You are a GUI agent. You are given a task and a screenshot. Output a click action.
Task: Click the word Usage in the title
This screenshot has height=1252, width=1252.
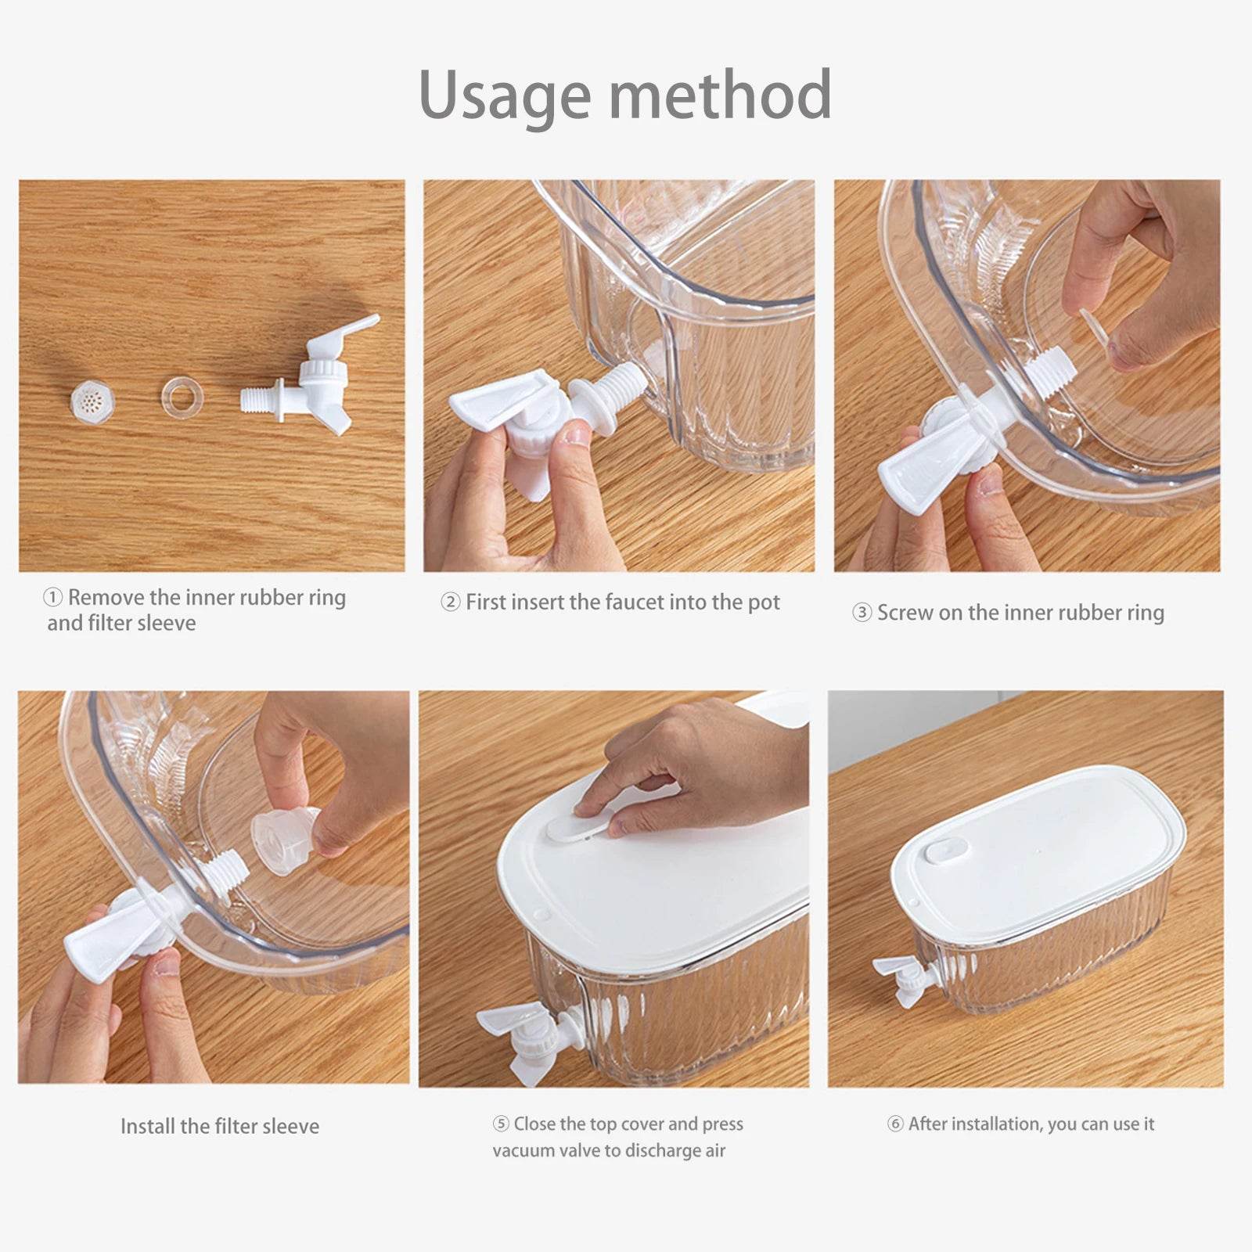[505, 96]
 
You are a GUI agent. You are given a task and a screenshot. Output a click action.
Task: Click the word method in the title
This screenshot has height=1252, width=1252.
[721, 94]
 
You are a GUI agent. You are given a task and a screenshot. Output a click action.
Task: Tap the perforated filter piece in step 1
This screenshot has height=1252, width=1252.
[93, 401]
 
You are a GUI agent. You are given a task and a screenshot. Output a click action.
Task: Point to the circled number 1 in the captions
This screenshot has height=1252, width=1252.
[52, 598]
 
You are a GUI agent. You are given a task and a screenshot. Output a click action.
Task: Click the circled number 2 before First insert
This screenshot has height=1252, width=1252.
[450, 602]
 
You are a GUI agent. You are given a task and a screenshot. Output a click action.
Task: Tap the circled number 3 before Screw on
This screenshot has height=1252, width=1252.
[862, 612]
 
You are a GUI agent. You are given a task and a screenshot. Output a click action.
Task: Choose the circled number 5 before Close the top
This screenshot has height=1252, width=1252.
[501, 1124]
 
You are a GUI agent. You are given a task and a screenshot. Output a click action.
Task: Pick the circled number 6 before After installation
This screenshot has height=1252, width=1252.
[895, 1124]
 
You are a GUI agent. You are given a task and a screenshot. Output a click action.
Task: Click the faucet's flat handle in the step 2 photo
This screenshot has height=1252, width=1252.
[502, 402]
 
